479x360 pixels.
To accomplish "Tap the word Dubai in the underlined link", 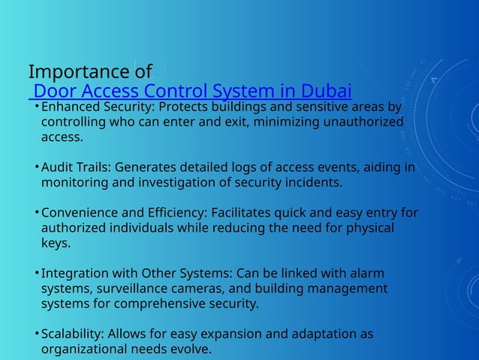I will (x=327, y=92).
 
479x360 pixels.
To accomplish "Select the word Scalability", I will (x=73, y=334).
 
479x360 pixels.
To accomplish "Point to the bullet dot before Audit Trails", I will (x=36, y=167).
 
